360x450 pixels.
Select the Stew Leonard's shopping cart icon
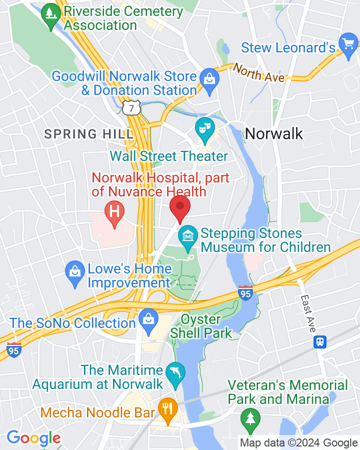click(x=347, y=44)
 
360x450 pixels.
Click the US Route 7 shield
click(x=131, y=107)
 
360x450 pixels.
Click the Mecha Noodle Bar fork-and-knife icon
click(x=167, y=408)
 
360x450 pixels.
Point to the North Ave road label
click(x=258, y=73)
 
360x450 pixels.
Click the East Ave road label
click(x=308, y=313)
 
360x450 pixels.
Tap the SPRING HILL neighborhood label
click(x=88, y=134)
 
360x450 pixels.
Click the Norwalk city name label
click(x=274, y=133)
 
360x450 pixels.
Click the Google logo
click(x=33, y=438)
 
